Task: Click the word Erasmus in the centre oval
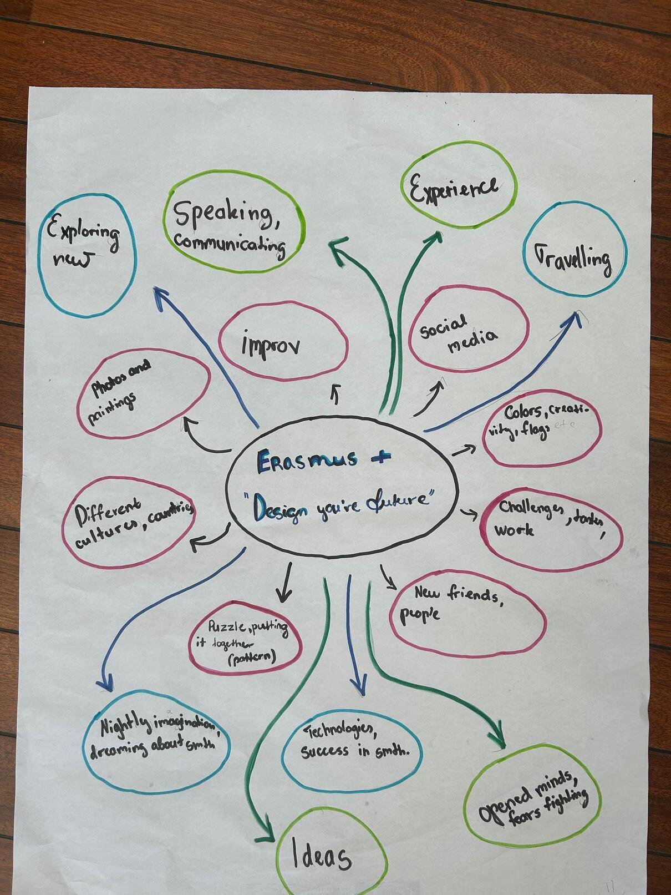294,462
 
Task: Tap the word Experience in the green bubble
454,189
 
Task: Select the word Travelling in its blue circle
573,259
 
